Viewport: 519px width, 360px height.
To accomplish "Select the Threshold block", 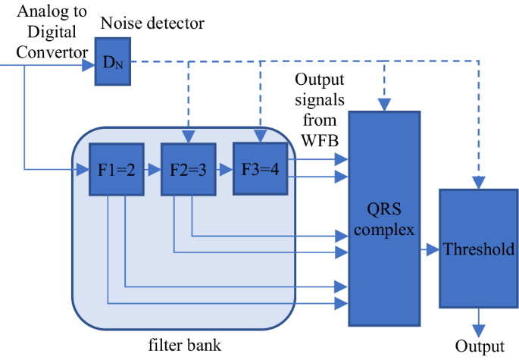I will click(478, 249).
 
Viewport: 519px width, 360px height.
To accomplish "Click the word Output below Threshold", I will click(479, 347).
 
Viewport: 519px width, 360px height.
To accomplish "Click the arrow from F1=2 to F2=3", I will click(152, 168).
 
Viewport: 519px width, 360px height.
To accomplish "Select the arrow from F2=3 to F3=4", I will click(224, 168).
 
